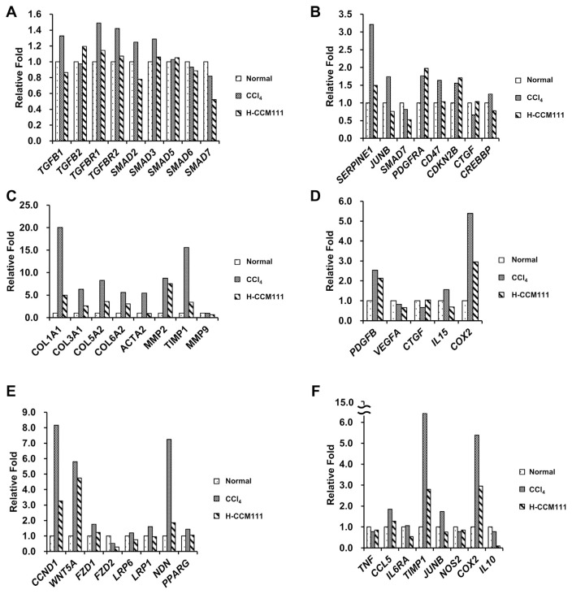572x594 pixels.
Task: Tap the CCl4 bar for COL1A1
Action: click(60, 271)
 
